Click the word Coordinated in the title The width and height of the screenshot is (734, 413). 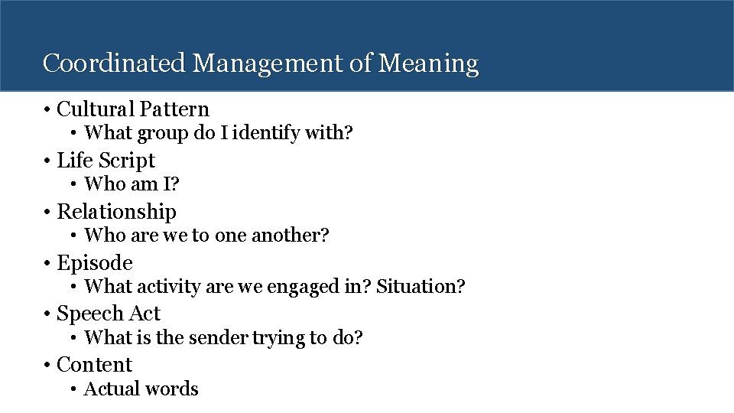114,63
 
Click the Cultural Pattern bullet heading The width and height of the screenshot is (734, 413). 133,109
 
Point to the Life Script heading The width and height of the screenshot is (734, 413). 106,161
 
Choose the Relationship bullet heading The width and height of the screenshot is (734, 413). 117,211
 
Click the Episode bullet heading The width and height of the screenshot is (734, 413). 95,263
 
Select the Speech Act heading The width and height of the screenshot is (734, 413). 109,314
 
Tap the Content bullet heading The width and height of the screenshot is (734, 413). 95,365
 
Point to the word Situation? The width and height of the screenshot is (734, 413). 421,287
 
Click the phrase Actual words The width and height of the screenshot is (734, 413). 141,389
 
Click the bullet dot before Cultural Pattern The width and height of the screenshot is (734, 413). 47,111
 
